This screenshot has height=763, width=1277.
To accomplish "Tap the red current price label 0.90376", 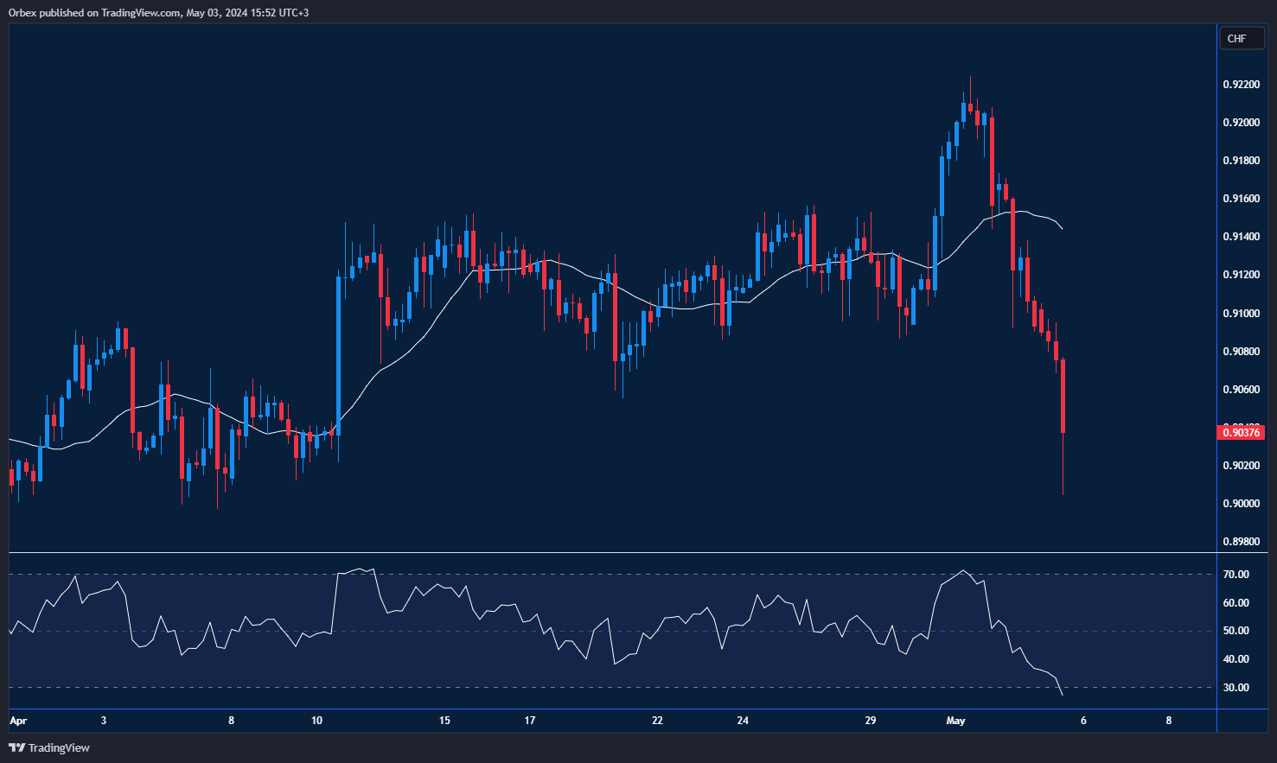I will coord(1241,432).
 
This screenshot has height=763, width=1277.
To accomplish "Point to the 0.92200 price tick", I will coord(1241,85).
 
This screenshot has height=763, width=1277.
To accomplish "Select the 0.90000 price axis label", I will coord(1241,504).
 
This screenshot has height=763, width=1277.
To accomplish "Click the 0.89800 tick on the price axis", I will coord(1241,542).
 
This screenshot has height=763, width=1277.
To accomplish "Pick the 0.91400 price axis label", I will coord(1241,237).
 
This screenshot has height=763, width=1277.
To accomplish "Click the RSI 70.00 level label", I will coord(1235,575).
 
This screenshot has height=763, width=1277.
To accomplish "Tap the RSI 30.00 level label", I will coord(1235,688).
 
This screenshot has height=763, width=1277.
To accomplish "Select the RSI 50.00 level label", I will coord(1235,631).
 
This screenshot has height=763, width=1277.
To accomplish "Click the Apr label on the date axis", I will coord(18,721).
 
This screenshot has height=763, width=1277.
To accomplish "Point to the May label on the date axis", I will coord(955,721).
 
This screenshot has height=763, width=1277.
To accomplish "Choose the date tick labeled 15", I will coord(444,721).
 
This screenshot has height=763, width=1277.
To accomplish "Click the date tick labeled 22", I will coord(657,721).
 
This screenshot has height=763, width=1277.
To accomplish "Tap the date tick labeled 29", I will coord(870,721).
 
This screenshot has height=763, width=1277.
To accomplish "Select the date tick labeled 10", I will coord(316,721).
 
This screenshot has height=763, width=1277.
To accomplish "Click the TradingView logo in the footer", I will coord(49,747).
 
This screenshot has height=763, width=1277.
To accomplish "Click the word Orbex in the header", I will coord(23,13).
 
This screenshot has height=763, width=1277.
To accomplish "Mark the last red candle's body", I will coord(1063,396).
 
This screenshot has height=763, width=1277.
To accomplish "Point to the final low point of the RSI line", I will coord(1062,695).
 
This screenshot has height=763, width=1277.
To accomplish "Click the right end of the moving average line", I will coord(1062,229).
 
